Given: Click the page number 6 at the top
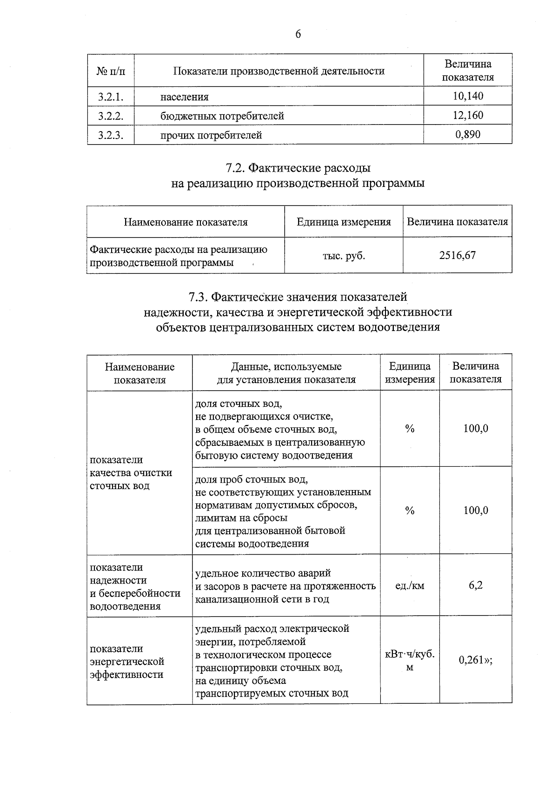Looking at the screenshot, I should (298, 34).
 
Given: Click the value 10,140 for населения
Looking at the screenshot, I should (468, 96).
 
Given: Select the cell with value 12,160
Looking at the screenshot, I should (468, 115).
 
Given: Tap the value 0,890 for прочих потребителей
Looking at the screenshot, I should (468, 134).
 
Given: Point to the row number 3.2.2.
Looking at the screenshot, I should (111, 116).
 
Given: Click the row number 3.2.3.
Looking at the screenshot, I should (111, 135).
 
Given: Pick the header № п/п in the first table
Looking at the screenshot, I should (111, 71).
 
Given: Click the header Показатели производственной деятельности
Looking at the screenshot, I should (279, 71).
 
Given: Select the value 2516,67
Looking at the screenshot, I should (457, 255).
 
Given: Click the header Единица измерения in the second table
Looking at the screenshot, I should (344, 222).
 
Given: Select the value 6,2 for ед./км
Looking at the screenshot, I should (475, 585).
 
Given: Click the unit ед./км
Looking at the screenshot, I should (409, 586).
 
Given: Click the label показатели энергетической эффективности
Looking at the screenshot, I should (127, 661).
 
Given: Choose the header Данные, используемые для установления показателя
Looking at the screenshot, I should (286, 373).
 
